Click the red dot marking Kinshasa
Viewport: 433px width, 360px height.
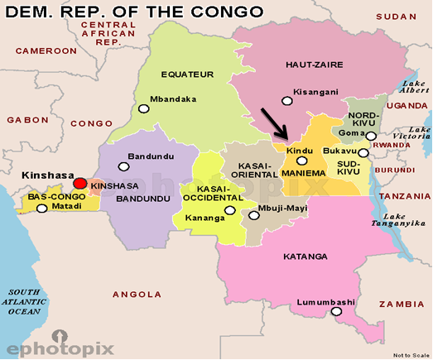pos(80,183)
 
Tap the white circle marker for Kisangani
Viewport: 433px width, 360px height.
pos(286,100)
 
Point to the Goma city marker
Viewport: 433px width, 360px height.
pos(372,136)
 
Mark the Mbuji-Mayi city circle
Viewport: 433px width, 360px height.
pos(253,215)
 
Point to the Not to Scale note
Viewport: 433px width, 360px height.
pos(411,354)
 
